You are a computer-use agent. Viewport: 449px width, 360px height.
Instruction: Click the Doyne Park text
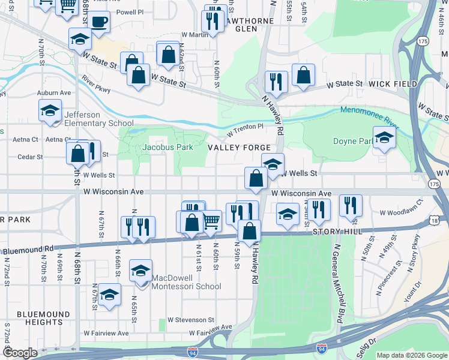point(352,142)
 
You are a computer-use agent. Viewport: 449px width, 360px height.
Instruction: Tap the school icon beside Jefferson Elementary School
point(50,110)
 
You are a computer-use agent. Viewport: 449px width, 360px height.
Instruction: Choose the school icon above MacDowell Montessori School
point(140,271)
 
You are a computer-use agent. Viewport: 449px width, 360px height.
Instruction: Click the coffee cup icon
point(98,23)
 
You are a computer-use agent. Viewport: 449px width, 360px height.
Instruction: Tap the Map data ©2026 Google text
point(411,355)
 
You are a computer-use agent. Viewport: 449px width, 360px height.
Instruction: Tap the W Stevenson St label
point(191,320)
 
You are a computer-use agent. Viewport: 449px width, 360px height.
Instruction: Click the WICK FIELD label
point(393,84)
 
